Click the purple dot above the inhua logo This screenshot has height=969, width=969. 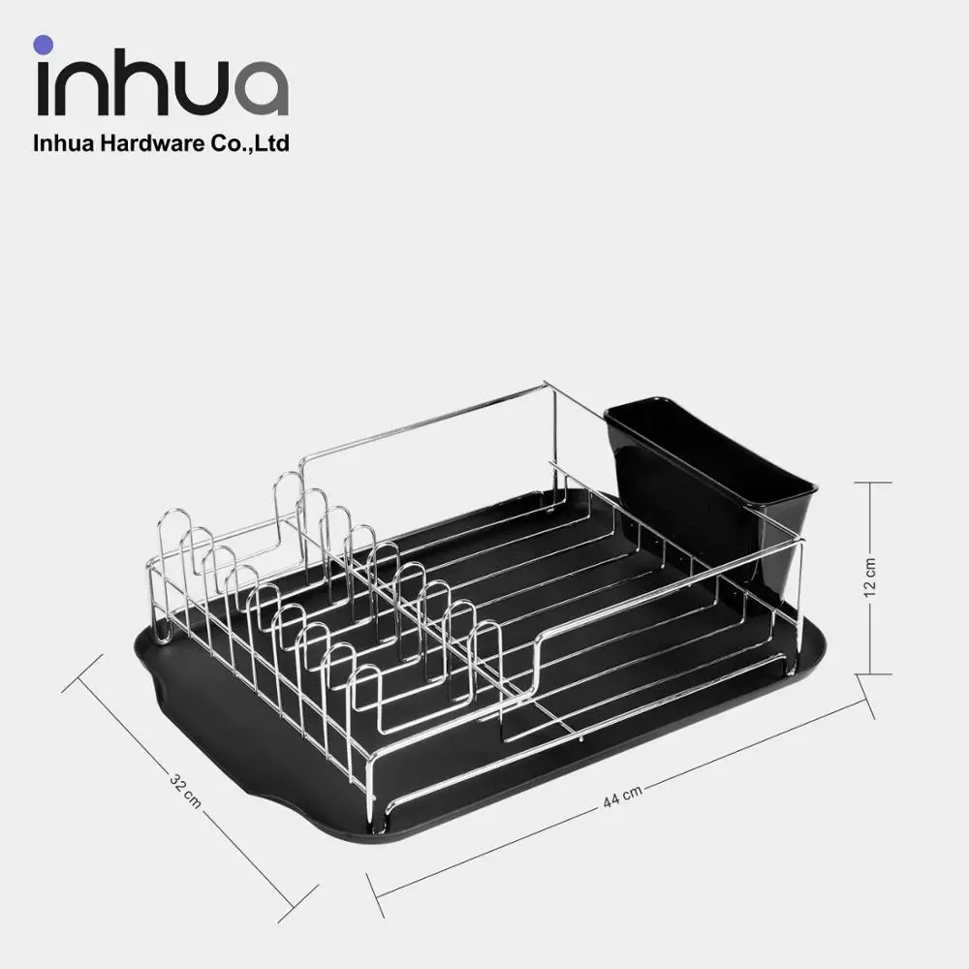pos(42,44)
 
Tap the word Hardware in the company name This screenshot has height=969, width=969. pos(140,144)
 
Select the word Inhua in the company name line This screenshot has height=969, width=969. pos(60,144)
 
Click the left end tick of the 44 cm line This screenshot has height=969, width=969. pos(375,894)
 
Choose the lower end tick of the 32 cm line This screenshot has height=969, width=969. pos(298,902)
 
